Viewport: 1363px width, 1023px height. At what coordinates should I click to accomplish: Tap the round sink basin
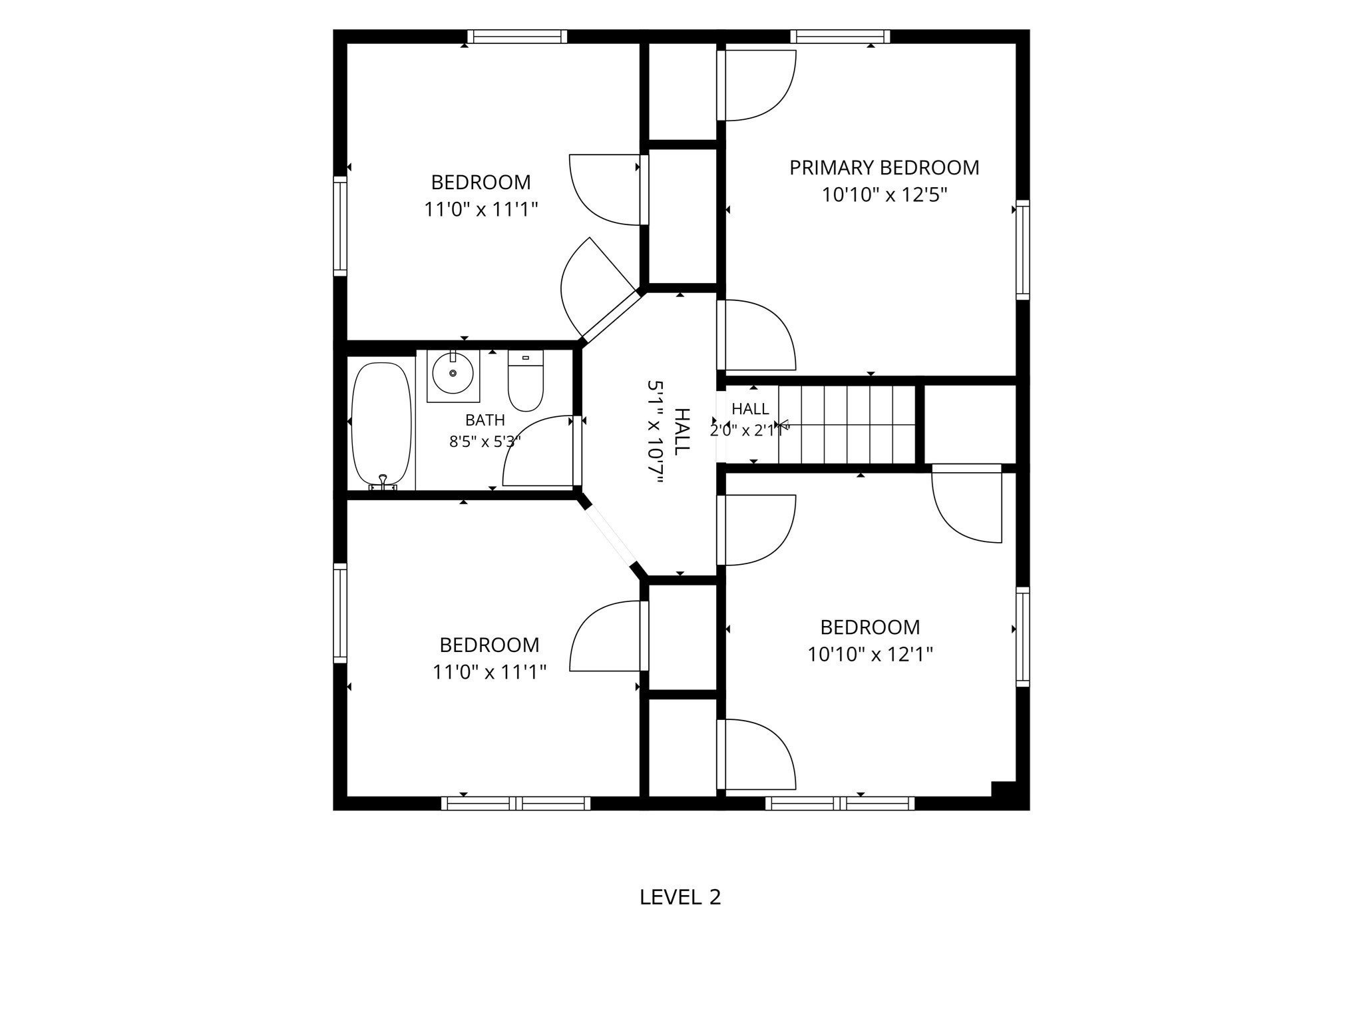[453, 373]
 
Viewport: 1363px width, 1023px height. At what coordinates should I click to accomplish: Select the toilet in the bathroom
[526, 381]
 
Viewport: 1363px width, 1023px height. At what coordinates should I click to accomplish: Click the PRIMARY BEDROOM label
[884, 167]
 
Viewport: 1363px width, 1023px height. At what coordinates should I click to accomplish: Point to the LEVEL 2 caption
[680, 897]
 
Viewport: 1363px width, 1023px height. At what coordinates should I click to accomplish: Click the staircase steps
[847, 424]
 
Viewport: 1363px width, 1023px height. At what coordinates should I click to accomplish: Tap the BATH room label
[485, 420]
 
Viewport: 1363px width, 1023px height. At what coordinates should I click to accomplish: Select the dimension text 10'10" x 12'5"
[884, 195]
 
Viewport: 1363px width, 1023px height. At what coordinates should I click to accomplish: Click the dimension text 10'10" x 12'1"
[871, 655]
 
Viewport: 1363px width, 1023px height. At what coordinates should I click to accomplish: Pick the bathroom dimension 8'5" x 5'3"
[485, 442]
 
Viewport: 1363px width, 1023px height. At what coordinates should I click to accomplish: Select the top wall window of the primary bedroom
[841, 37]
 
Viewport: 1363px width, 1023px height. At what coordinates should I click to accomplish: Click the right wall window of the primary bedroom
[1023, 250]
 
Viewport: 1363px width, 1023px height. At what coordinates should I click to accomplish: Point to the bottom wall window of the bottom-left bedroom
[516, 803]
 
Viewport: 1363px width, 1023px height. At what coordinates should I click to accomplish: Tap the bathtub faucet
[383, 484]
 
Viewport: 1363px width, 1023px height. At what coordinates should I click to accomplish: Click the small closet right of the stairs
[970, 424]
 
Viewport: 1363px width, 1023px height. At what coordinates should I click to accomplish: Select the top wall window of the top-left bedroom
[517, 37]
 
